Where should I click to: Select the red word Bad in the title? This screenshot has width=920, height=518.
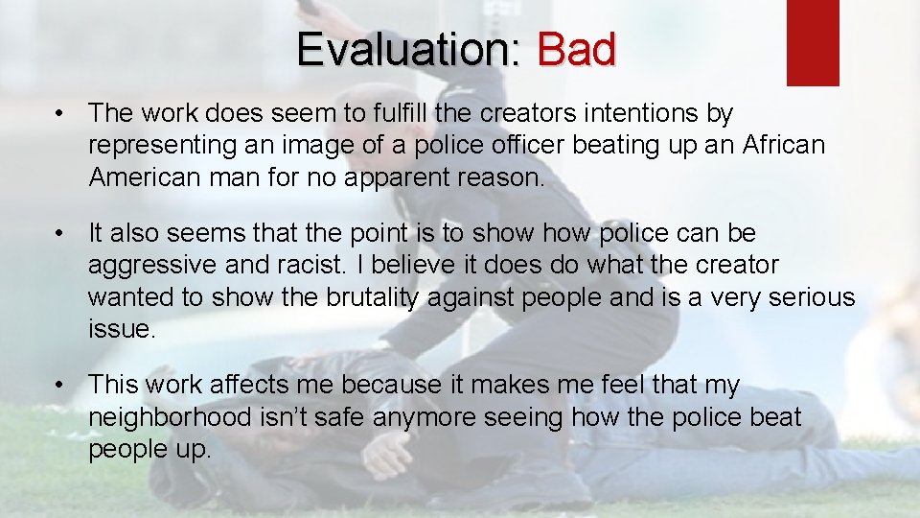coord(576,49)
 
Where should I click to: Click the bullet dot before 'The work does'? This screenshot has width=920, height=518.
coord(60,114)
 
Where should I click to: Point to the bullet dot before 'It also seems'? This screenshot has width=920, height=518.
coord(60,234)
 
